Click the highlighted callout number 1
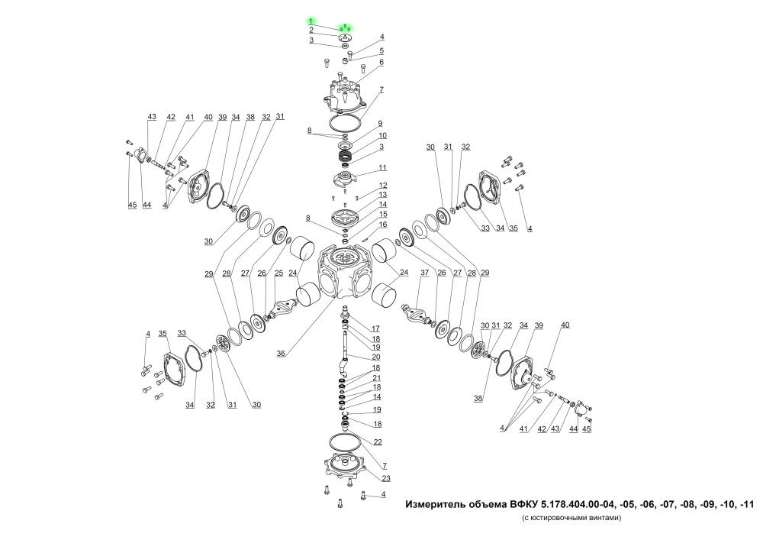(311, 21)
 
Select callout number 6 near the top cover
(381, 62)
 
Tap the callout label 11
(382, 167)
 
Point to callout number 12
(383, 185)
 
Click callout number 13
(383, 195)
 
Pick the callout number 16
(383, 224)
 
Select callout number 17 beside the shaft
(375, 328)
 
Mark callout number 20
(376, 357)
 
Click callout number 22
(378, 441)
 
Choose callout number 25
(278, 273)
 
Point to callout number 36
(281, 354)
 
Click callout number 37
(425, 272)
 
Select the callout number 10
(382, 135)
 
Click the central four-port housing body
(345, 272)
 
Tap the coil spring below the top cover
(346, 157)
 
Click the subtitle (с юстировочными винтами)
(571, 518)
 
